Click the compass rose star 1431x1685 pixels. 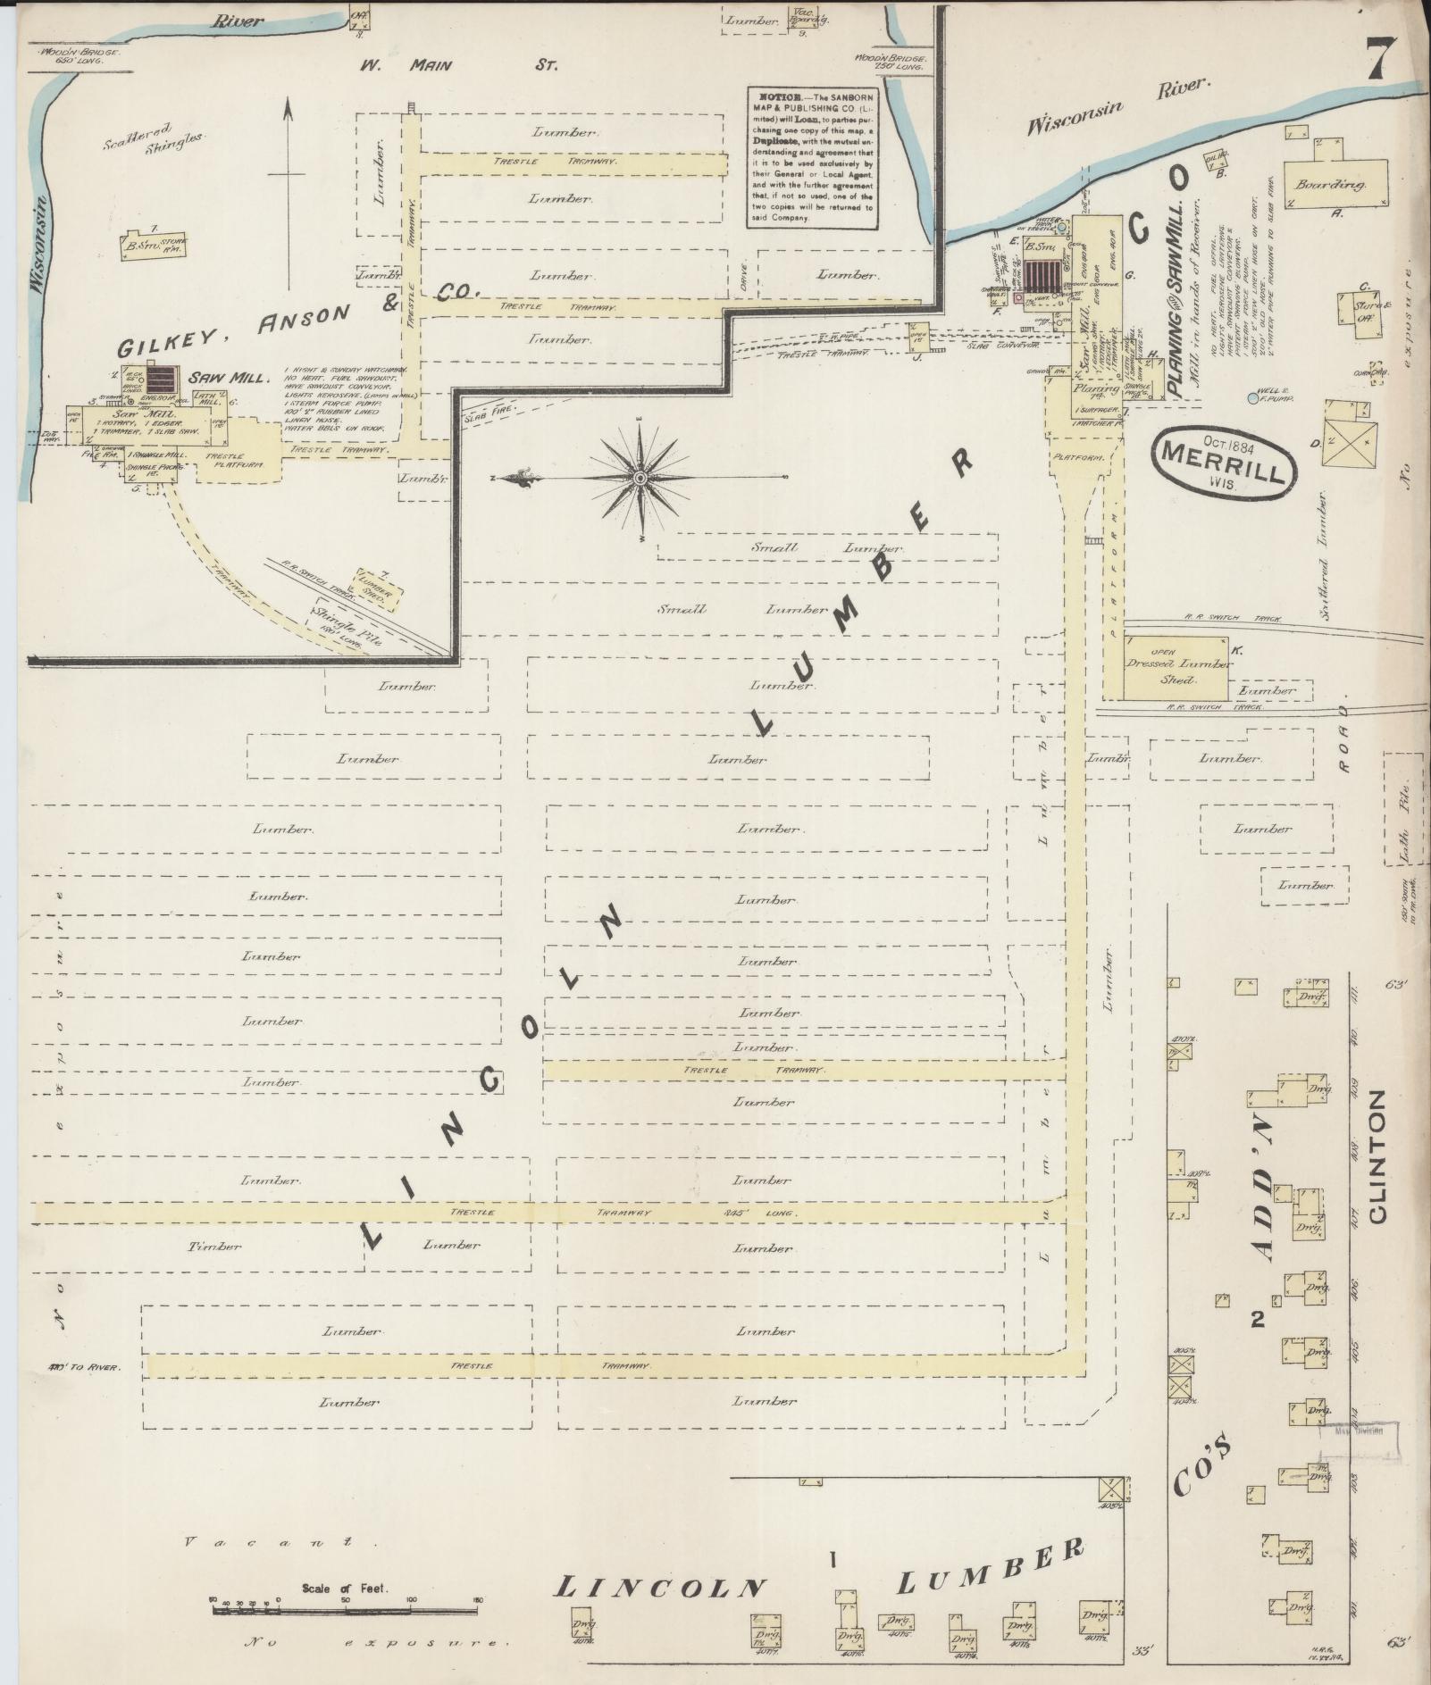click(640, 479)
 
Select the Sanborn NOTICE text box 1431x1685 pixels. click(811, 157)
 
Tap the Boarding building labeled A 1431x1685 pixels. click(1336, 185)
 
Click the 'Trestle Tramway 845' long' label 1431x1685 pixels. click(625, 1214)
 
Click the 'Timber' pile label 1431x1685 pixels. click(215, 1246)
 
